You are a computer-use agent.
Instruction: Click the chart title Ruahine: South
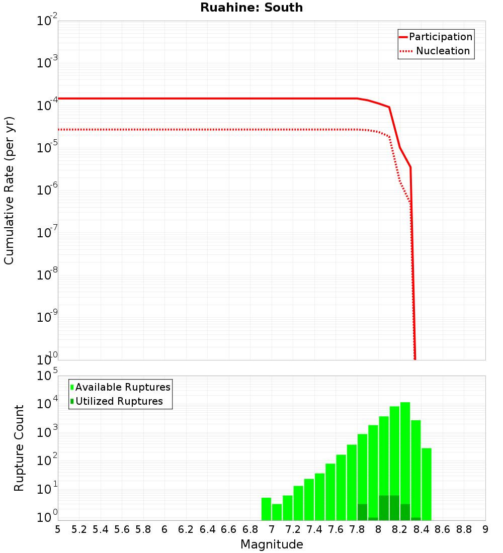coord(251,8)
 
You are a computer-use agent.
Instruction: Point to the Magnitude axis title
coord(272,544)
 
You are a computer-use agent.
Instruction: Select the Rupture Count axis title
coord(19,448)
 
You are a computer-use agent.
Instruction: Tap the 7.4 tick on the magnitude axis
coord(314,529)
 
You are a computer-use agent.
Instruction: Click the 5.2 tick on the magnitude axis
coord(79,529)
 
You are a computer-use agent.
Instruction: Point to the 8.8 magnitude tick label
coord(464,529)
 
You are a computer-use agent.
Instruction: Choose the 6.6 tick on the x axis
coord(229,529)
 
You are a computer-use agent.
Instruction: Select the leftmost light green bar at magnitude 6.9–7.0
coord(266,509)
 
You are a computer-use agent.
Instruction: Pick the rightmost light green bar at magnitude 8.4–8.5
coord(427,484)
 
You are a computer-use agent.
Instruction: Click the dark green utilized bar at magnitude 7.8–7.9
coord(362,512)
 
